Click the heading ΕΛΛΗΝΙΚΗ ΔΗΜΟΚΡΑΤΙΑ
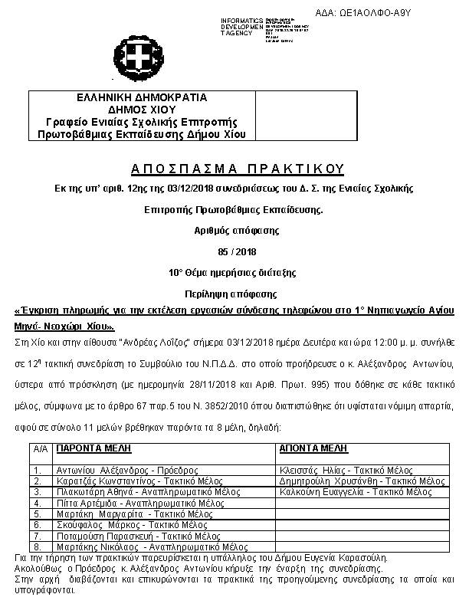(x=143, y=98)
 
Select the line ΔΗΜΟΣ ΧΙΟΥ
(x=143, y=110)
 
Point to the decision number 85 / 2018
(x=235, y=251)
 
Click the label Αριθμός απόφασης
(x=235, y=229)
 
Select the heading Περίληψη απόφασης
(x=235, y=294)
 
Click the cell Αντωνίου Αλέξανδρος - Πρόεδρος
(x=116, y=470)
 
